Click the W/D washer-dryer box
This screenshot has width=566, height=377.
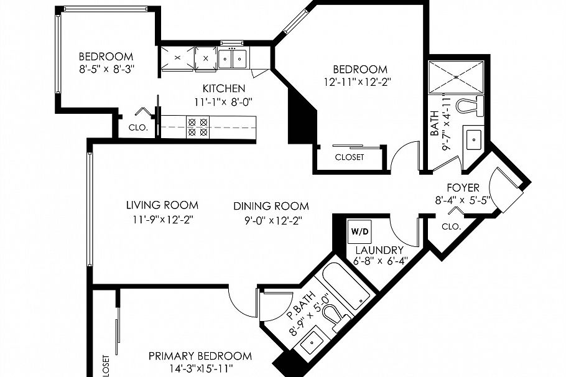360,231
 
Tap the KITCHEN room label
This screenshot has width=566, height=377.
223,89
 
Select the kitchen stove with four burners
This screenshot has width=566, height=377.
198,127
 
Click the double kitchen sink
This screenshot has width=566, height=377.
233,59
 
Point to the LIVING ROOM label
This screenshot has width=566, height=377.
162,205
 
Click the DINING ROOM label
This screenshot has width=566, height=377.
271,206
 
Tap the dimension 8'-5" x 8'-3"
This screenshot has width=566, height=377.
106,68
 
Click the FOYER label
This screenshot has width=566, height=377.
463,187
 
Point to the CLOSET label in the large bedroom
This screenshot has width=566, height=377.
349,157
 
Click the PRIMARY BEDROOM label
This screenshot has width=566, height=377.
200,356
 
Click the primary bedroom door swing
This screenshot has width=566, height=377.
243,304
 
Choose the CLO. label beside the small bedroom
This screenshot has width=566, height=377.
137,128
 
